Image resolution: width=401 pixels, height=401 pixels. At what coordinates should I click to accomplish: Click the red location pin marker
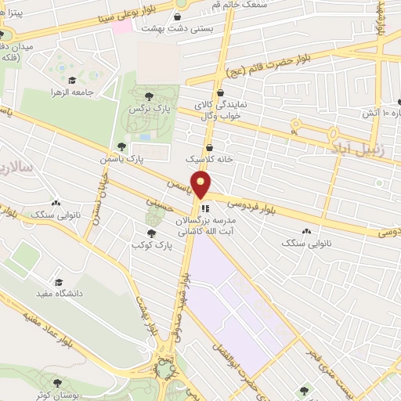[x=202, y=184]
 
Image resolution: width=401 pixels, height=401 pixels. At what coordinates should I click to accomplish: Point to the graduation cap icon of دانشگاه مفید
[x=58, y=282]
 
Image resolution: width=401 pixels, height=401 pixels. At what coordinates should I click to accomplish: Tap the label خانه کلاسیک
[x=210, y=158]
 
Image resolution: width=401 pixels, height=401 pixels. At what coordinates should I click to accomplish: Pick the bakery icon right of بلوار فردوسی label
[x=306, y=231]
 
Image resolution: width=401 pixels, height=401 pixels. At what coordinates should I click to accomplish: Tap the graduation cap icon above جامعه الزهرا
[x=72, y=80]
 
